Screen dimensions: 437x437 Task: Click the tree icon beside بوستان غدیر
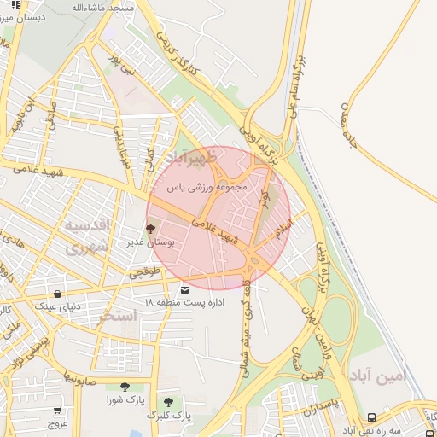click(x=151, y=228)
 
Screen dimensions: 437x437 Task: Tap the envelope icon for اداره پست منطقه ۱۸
click(x=185, y=291)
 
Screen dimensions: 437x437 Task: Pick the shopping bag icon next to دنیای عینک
click(x=57, y=294)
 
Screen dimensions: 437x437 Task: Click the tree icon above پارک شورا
click(x=125, y=387)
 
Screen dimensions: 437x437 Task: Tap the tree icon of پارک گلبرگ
click(x=167, y=402)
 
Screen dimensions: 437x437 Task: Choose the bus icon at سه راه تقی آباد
click(x=372, y=417)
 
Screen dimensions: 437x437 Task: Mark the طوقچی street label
click(x=143, y=271)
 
